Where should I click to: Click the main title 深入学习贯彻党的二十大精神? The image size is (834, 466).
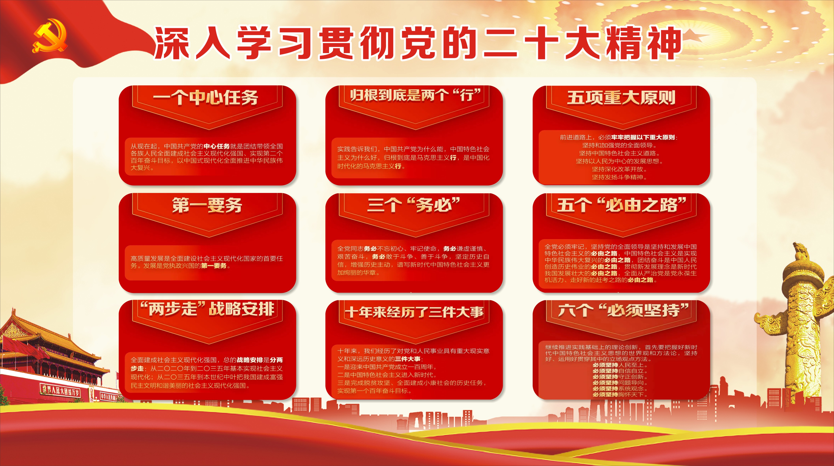coord(418,43)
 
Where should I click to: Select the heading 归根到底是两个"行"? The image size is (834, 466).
coord(415,95)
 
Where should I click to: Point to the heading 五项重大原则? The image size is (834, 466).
coord(621,97)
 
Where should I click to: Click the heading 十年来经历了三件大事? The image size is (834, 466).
coord(414,312)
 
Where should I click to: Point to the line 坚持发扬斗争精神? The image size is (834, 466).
coord(620,177)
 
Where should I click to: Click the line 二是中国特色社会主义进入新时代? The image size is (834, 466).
coord(387,375)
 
